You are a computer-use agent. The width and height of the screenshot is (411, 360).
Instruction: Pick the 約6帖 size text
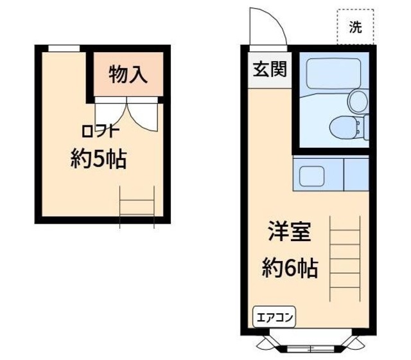[289, 267]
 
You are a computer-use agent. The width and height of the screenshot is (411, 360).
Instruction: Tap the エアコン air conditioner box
[275, 317]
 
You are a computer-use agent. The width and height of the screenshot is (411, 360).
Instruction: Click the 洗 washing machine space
[355, 27]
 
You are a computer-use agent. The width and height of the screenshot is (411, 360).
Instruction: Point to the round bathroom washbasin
[357, 99]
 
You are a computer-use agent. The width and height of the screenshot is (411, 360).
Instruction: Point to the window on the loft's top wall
[64, 48]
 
